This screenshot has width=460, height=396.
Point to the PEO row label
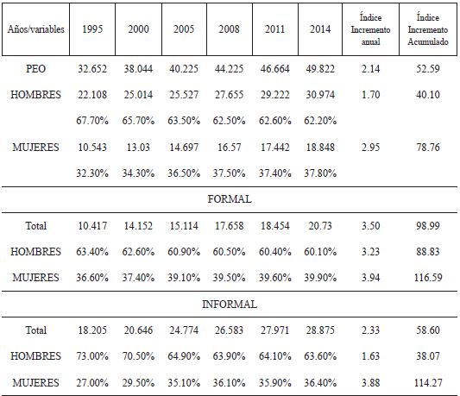[x=35, y=66]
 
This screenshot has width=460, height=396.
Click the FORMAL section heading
[x=230, y=199]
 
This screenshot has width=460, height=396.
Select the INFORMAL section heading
[x=230, y=304]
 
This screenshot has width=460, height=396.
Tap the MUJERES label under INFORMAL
[x=35, y=382]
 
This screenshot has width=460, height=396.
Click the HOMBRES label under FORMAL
[x=35, y=252]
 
